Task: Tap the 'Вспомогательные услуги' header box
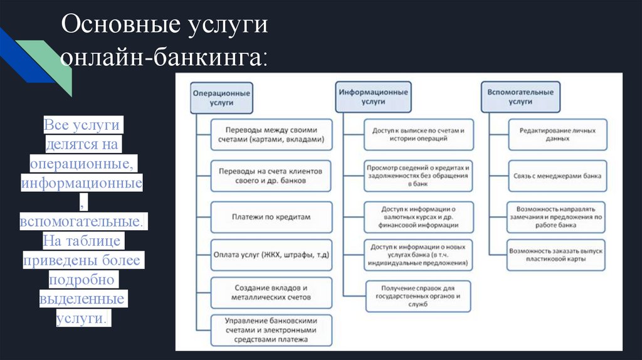pyautogui.click(x=520, y=96)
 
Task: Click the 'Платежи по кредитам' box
pyautogui.click(x=271, y=217)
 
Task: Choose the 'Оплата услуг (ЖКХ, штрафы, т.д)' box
pyautogui.click(x=271, y=254)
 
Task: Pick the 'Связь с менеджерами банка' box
pyautogui.click(x=557, y=176)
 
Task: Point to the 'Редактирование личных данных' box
pyautogui.click(x=557, y=135)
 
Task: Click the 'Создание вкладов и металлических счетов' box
pyautogui.click(x=271, y=292)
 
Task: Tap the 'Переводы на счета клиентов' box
pyautogui.click(x=271, y=176)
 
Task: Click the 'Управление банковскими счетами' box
pyautogui.click(x=271, y=330)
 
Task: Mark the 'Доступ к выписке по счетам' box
pyautogui.click(x=418, y=135)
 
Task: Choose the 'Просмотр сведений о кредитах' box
pyautogui.click(x=418, y=176)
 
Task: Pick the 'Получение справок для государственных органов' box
pyautogui.click(x=418, y=296)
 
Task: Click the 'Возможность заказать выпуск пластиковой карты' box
pyautogui.click(x=557, y=255)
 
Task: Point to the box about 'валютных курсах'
pyautogui.click(x=418, y=217)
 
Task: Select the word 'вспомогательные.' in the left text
pyautogui.click(x=81, y=223)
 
